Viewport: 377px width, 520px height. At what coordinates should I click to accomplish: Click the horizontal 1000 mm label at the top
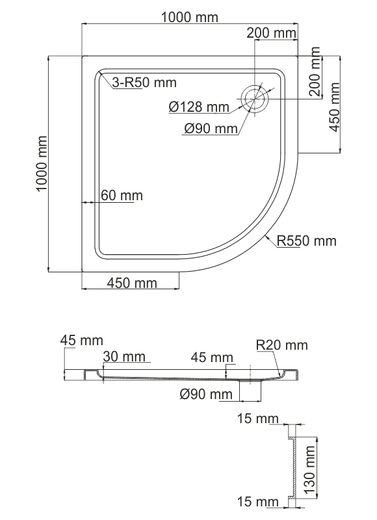pyautogui.click(x=190, y=18)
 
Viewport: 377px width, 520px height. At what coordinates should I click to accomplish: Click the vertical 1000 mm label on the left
pyautogui.click(x=42, y=164)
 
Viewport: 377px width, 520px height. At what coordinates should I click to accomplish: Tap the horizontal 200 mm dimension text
pyautogui.click(x=271, y=33)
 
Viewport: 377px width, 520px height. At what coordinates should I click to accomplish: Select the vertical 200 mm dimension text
pyautogui.click(x=316, y=71)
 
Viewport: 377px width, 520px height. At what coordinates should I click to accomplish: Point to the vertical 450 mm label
pyautogui.click(x=334, y=107)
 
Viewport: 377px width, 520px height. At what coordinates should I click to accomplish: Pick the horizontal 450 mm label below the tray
pyautogui.click(x=132, y=283)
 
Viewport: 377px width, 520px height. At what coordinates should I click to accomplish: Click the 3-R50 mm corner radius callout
pyautogui.click(x=144, y=83)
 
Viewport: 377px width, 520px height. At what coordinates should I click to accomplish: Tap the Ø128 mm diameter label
pyautogui.click(x=199, y=107)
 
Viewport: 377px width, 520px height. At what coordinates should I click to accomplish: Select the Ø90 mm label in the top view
pyautogui.click(x=211, y=128)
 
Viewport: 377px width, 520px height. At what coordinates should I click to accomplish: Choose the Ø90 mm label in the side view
pyautogui.click(x=206, y=394)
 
